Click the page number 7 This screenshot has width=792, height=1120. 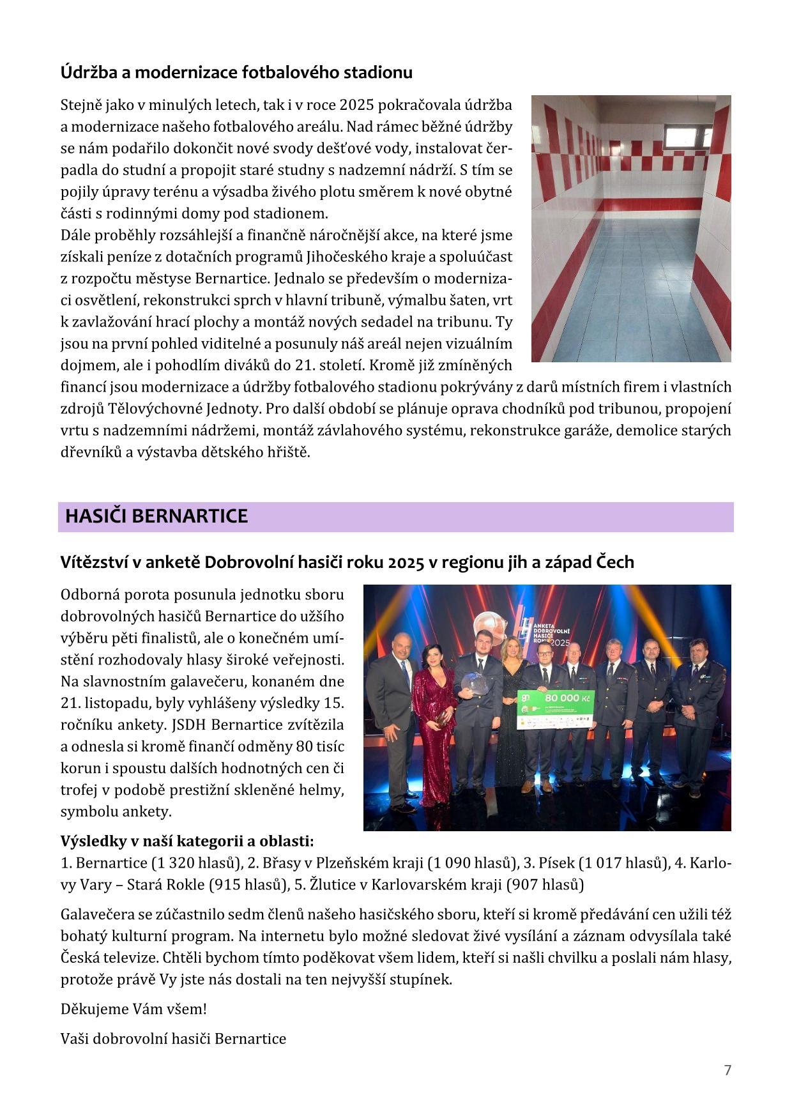point(727,1070)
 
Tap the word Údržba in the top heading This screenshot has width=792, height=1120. point(86,73)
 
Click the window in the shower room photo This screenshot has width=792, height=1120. point(689,137)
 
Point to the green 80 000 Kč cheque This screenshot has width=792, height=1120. point(556,709)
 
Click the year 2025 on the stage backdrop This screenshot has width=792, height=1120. point(559,641)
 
